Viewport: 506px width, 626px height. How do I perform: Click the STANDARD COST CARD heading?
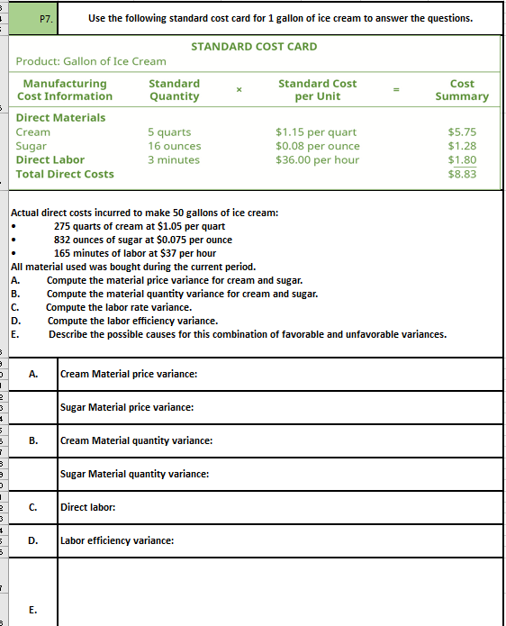pyautogui.click(x=254, y=46)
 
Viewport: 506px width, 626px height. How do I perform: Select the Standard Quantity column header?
pyautogui.click(x=174, y=89)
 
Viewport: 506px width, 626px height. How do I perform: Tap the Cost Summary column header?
pyautogui.click(x=462, y=89)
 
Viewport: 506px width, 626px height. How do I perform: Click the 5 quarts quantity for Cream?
pyautogui.click(x=169, y=132)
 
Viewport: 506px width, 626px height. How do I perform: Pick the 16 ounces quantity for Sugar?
pyautogui.click(x=175, y=146)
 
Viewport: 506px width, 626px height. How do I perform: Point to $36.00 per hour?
pyautogui.click(x=317, y=159)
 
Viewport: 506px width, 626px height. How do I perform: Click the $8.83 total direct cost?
pyautogui.click(x=462, y=174)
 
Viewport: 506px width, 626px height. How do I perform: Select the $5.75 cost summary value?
pyautogui.click(x=462, y=132)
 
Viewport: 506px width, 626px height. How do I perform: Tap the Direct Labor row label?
pyautogui.click(x=50, y=159)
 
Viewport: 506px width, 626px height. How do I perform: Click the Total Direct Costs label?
pyautogui.click(x=65, y=174)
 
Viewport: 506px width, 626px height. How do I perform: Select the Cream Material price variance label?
pyautogui.click(x=129, y=374)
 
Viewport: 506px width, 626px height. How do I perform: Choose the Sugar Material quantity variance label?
pyautogui.click(x=134, y=474)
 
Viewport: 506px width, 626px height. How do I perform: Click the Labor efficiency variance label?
pyautogui.click(x=117, y=540)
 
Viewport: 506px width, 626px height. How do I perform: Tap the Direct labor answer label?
pyautogui.click(x=87, y=507)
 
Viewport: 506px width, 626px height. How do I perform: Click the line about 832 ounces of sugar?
pyautogui.click(x=142, y=240)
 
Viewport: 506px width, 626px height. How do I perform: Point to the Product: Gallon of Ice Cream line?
pyautogui.click(x=91, y=60)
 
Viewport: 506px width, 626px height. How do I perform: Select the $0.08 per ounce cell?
pyautogui.click(x=317, y=146)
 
